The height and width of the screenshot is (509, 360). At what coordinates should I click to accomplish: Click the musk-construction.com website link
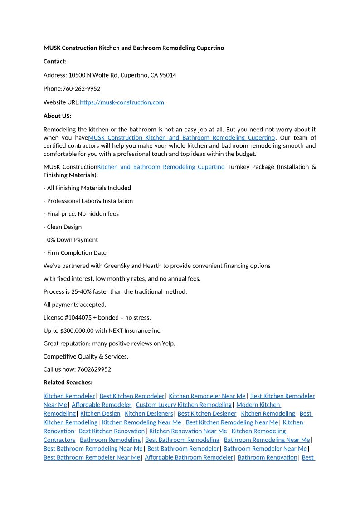122,102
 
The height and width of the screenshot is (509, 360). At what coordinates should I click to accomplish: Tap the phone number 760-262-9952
81,89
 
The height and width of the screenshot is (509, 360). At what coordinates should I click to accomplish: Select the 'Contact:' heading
55,62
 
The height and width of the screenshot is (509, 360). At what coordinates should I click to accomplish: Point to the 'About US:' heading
57,116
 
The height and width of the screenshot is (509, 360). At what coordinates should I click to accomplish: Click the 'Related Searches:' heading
68,383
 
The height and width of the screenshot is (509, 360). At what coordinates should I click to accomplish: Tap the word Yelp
168,344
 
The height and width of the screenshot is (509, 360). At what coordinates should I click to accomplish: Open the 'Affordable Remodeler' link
102,405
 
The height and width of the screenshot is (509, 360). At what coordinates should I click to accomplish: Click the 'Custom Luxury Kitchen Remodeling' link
184,405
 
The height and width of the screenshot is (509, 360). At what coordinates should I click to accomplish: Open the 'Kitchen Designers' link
149,413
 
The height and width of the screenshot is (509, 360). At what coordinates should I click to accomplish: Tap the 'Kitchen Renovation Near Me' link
188,431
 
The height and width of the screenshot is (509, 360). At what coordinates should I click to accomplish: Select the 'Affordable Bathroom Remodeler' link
189,457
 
